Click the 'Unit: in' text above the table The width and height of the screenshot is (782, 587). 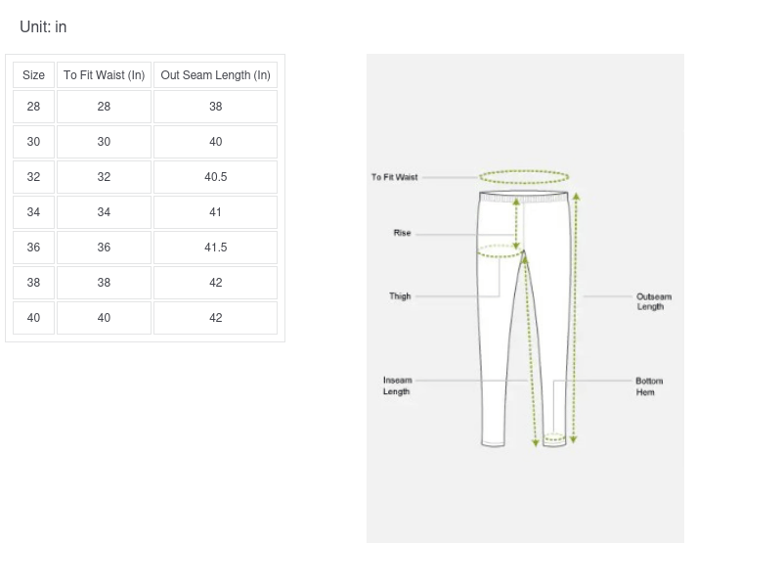point(43,27)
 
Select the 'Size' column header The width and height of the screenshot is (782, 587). point(33,75)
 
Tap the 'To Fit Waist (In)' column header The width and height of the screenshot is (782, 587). point(104,75)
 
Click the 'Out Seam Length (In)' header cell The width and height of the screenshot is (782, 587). point(215,75)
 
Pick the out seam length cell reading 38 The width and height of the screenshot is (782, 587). point(215,107)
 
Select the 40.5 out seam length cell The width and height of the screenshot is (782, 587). point(215,177)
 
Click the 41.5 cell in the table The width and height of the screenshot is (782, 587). point(215,248)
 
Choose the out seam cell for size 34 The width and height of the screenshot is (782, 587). point(215,212)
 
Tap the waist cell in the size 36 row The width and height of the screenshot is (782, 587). point(104,248)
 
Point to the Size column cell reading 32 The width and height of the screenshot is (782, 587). point(33,177)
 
